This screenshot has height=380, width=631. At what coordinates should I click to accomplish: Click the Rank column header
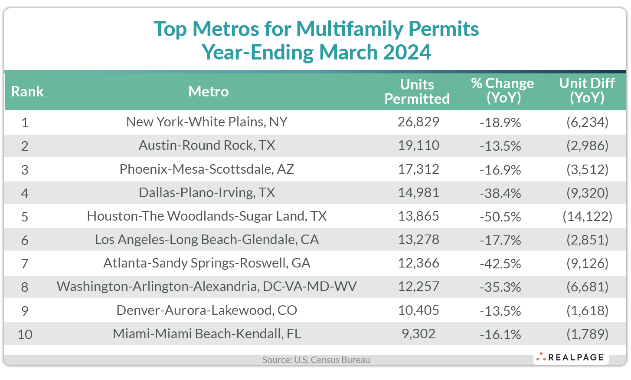point(27,92)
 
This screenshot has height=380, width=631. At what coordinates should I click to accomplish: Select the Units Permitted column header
point(417,92)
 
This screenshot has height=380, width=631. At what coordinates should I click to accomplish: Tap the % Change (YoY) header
point(502,90)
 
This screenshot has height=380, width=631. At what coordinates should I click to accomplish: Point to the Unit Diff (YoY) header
point(587,90)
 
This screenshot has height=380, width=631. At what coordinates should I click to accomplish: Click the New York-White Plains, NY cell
point(207,122)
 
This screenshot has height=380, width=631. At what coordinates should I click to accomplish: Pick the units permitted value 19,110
point(418,145)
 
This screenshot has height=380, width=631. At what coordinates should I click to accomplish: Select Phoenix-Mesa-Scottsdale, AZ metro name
point(207,169)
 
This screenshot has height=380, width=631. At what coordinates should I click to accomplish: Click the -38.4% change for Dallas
point(500,193)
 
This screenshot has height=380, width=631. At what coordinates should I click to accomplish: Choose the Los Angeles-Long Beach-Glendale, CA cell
point(207,240)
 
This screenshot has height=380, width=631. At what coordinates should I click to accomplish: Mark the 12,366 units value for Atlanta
point(418,263)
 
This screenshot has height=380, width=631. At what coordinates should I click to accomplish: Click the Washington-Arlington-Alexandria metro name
point(207,287)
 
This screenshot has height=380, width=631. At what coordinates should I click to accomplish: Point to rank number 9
point(25,311)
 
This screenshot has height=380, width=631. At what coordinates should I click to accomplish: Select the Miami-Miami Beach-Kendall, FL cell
point(207,334)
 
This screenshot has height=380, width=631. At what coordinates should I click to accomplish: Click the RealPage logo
point(571,357)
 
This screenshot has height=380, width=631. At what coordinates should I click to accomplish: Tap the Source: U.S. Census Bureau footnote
point(316,360)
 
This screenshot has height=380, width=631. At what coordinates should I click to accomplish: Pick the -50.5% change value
point(500,216)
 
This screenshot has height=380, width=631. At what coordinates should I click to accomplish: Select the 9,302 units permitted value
point(418,334)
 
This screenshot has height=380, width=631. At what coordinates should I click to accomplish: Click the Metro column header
point(208,92)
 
